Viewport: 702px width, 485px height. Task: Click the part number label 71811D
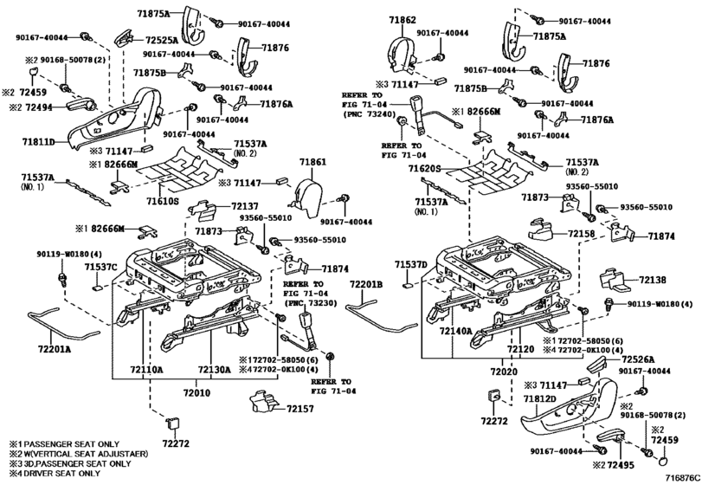(38, 143)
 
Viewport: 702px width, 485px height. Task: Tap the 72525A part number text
(162, 41)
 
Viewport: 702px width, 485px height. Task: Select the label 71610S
(163, 201)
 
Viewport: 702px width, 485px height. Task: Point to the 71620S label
(424, 168)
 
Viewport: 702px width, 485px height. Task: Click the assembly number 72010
(196, 393)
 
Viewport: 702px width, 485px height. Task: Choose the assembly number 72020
(503, 372)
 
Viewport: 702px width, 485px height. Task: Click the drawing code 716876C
(682, 478)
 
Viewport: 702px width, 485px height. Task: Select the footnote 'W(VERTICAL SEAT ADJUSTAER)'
(85, 454)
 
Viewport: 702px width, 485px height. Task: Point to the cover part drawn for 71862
(403, 55)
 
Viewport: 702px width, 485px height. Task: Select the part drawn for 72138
(613, 279)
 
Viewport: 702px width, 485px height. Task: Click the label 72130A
(215, 370)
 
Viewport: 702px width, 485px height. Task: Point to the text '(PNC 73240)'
(370, 114)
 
